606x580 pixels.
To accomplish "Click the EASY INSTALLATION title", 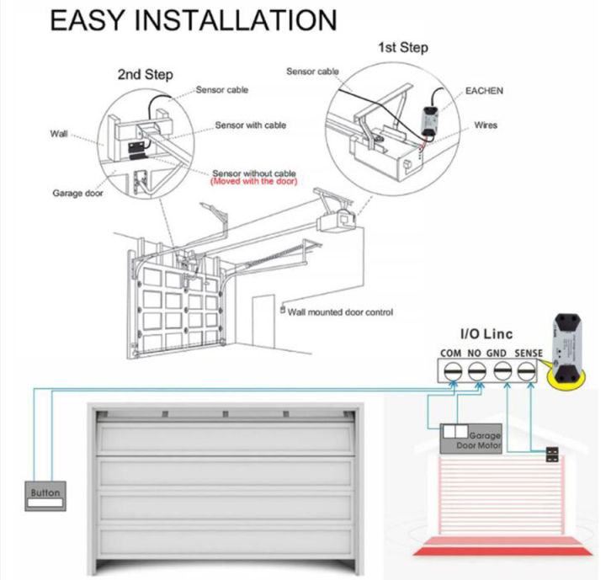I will pyautogui.click(x=194, y=20).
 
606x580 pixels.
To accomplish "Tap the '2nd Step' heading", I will pyautogui.click(x=145, y=75).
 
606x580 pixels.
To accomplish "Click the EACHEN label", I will pyautogui.click(x=484, y=90).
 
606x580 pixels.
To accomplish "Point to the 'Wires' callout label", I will pyautogui.click(x=486, y=125).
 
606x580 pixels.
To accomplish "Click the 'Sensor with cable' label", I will pyautogui.click(x=250, y=125).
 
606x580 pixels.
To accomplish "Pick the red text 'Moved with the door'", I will pyautogui.click(x=253, y=181).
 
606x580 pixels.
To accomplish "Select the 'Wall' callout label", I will pyautogui.click(x=59, y=134).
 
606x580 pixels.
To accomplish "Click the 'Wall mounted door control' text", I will pyautogui.click(x=340, y=312).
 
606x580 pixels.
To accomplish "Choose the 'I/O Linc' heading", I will pyautogui.click(x=486, y=334).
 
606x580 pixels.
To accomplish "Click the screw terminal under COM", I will pyautogui.click(x=451, y=370).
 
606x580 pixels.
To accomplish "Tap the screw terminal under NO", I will pyautogui.click(x=476, y=370).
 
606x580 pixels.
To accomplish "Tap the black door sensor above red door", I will pyautogui.click(x=551, y=455).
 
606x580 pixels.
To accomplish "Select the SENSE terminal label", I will pyautogui.click(x=527, y=352).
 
